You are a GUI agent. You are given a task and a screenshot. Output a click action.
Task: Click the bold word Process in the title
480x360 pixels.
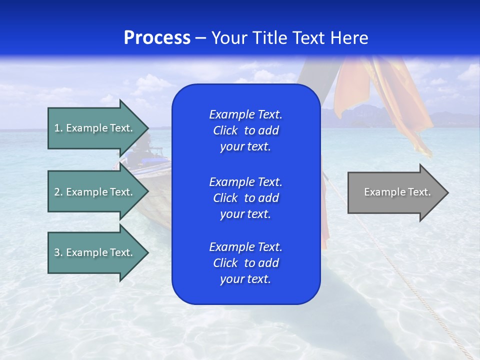point(157,38)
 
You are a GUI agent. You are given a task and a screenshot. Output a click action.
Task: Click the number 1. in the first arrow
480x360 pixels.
point(58,128)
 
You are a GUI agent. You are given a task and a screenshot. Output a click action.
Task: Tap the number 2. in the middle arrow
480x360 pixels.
point(58,192)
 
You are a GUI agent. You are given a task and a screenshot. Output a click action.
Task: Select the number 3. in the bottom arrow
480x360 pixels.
point(58,252)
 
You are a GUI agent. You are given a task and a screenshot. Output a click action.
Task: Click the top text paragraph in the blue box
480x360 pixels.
point(245,130)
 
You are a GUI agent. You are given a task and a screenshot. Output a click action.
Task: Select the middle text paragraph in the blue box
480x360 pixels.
point(245,198)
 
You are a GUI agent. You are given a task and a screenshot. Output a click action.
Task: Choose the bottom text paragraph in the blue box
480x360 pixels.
point(245,263)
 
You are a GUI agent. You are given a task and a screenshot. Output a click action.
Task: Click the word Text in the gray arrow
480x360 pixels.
point(419,192)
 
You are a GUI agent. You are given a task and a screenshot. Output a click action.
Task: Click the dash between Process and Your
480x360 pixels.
point(200,38)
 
